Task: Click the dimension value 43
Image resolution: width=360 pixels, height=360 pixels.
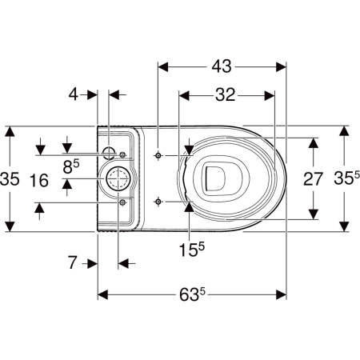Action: (x=222, y=66)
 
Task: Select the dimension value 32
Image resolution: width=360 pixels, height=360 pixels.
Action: (x=226, y=95)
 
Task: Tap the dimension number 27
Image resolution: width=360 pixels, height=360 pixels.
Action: (x=313, y=179)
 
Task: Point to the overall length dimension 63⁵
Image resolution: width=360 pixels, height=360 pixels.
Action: (x=192, y=294)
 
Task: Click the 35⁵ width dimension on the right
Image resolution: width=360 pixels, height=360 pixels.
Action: (x=346, y=178)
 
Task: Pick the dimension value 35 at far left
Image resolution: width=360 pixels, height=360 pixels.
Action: (x=10, y=178)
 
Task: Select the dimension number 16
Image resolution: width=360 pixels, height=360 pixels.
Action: (x=39, y=180)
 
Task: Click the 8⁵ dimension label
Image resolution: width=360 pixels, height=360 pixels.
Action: (x=71, y=166)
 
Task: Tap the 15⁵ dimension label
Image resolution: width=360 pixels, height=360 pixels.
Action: (x=191, y=250)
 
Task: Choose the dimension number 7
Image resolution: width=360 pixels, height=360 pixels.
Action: (x=73, y=262)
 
